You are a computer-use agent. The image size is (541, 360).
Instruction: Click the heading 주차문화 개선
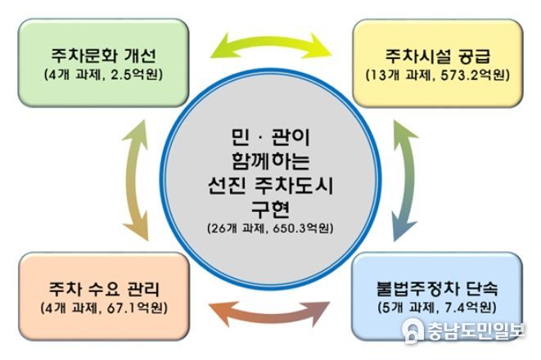point(104,56)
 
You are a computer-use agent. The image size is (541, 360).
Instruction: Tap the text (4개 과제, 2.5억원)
point(103,74)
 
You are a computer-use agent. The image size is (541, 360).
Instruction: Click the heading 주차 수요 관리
point(104,289)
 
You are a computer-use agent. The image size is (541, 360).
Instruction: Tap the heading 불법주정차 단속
point(437,288)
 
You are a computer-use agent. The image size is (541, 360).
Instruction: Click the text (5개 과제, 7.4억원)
point(437,308)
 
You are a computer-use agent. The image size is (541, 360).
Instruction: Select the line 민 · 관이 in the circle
point(270,137)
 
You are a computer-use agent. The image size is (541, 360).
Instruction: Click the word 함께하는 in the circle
point(270,161)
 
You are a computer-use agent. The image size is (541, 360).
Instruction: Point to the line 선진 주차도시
point(270,186)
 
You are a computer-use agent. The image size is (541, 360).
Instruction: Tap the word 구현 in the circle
point(270,209)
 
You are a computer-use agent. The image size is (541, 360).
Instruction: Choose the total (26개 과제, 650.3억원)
point(270,228)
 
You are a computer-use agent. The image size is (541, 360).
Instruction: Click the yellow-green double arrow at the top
point(271,43)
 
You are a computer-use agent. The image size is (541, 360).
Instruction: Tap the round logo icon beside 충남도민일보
point(413,331)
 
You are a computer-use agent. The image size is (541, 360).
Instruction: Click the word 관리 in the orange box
point(143,289)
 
